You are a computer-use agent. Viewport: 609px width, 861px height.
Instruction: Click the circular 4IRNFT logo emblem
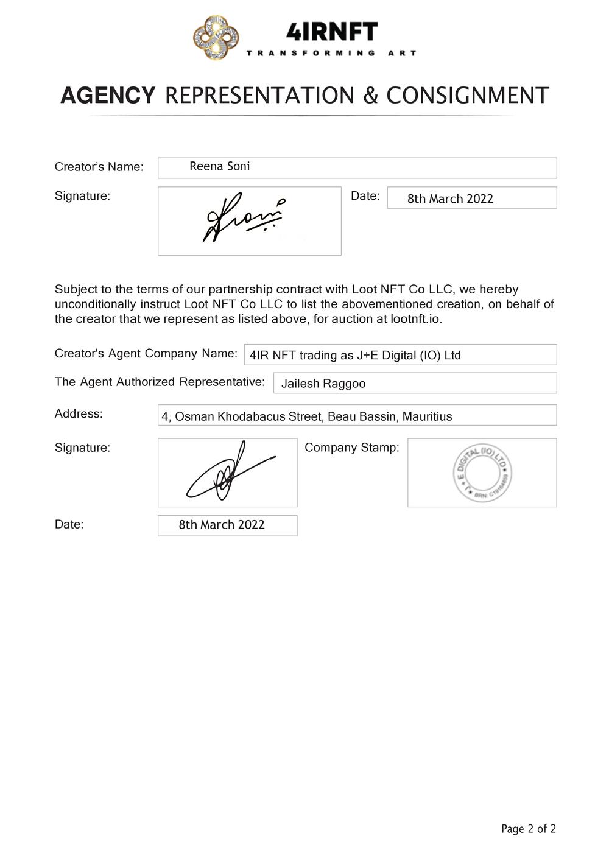216,38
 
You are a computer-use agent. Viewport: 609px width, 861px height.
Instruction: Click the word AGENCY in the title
108,96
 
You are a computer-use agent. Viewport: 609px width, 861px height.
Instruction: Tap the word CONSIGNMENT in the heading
468,96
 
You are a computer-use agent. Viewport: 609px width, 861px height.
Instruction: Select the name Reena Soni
219,166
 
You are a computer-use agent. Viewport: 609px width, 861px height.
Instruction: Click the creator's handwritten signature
244,218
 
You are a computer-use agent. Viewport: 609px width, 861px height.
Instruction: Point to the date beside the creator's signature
450,199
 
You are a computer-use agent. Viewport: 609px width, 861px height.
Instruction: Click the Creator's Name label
99,167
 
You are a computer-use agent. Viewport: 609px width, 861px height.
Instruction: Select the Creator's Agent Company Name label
146,354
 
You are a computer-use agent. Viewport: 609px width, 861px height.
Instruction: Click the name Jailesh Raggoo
323,384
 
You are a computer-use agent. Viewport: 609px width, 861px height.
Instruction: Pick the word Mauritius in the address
427,416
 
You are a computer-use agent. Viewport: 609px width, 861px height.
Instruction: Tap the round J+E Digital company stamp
482,473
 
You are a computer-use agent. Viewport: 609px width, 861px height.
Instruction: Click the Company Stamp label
351,448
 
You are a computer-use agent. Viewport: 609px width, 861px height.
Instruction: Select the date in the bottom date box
222,525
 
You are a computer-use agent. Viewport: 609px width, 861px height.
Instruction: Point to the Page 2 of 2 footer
528,829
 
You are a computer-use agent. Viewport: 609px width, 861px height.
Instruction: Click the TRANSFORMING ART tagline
331,54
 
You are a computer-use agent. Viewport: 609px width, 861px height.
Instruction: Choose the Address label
79,414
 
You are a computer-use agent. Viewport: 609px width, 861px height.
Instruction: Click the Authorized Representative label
160,382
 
